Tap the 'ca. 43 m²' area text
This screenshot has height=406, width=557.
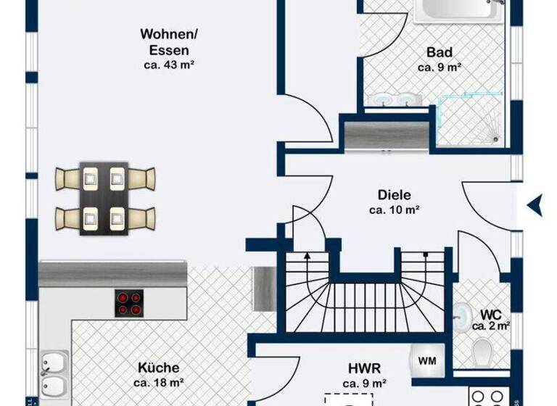tap(168, 65)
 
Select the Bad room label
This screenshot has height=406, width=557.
tap(440, 52)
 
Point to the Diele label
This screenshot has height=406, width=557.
tap(395, 195)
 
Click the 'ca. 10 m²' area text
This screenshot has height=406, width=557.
tap(395, 210)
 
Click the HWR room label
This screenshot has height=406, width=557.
tap(364, 368)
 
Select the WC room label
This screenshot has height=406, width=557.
tap(491, 315)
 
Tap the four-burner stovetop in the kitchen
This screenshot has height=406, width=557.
tap(128, 302)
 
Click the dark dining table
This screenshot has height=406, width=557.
tap(104, 198)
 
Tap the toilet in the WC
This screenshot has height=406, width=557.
tap(482, 353)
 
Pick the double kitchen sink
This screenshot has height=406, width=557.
tap(54, 373)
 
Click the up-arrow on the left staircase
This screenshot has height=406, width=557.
tap(308, 256)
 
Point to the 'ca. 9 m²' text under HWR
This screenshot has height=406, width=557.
tap(364, 383)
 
